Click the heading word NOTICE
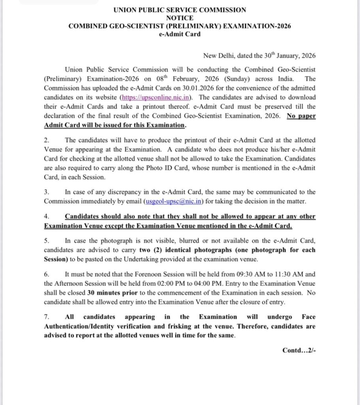180,18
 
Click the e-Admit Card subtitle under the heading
180,34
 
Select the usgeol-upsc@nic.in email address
173,202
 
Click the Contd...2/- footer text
299,350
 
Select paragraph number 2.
46,140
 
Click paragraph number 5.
46,241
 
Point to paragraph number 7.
46,317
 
